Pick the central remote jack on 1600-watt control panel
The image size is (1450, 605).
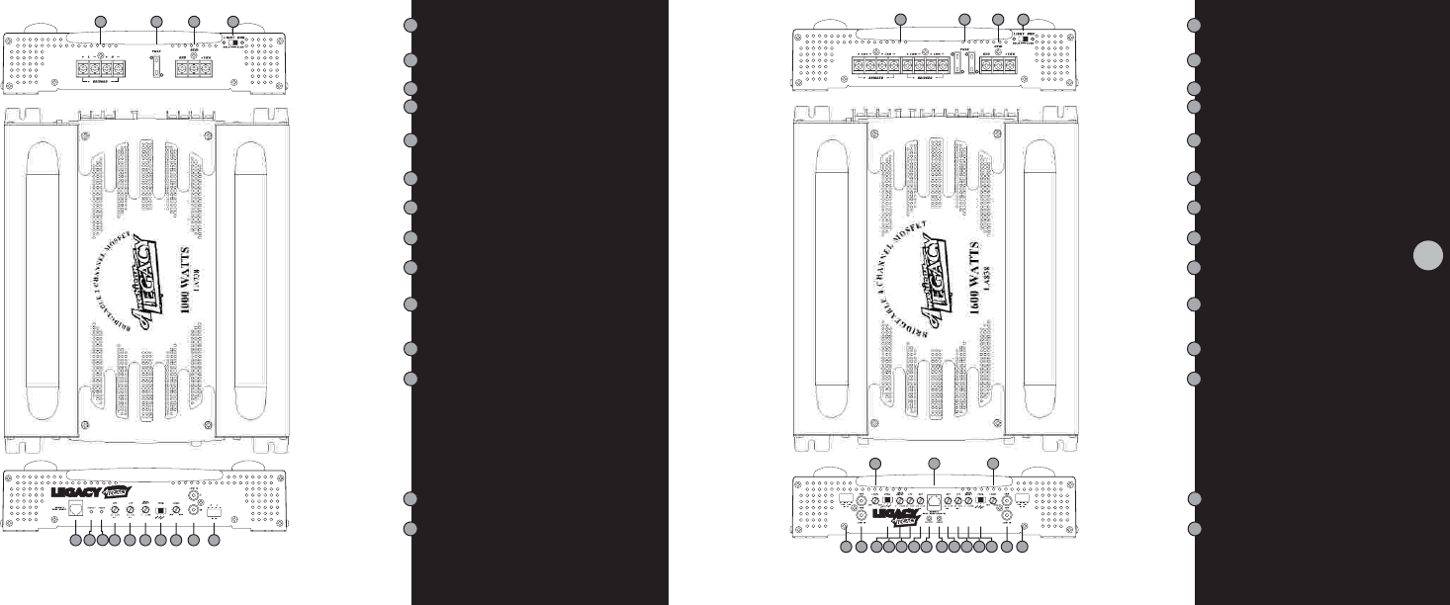(x=930, y=500)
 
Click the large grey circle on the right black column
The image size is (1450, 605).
(x=1426, y=255)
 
